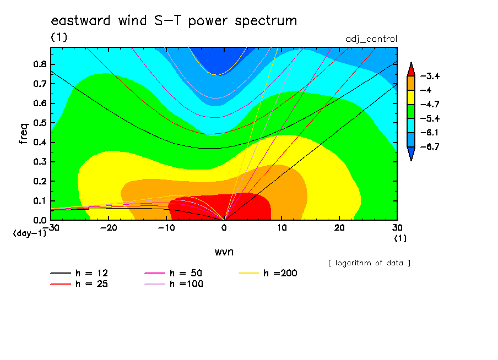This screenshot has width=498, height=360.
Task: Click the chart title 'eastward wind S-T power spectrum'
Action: [174, 20]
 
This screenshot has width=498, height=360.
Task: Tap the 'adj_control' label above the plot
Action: [371, 39]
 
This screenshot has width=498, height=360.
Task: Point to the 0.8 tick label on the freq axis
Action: [40, 64]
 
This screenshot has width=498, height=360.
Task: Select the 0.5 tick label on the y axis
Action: [40, 123]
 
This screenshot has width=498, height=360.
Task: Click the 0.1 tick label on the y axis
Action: [40, 201]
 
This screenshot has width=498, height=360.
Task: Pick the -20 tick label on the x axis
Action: [109, 228]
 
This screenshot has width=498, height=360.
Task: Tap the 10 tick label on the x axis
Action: [282, 228]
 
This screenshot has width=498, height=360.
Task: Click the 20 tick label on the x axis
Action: [339, 228]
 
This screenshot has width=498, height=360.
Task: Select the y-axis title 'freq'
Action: [24, 133]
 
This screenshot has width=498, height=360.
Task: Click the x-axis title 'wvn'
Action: [224, 252]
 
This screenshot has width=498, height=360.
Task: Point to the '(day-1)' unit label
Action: [29, 233]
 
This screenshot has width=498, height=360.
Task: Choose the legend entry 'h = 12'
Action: [79, 273]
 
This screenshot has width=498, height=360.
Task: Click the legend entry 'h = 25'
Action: [79, 284]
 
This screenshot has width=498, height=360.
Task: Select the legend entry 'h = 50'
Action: [174, 273]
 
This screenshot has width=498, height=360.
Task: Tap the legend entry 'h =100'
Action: [174, 284]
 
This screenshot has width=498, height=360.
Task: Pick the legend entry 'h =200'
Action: [268, 273]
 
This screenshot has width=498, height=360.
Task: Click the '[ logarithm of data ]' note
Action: [370, 263]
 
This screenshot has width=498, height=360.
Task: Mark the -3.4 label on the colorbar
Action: [430, 76]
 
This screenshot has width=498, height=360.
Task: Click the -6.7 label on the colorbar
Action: [430, 146]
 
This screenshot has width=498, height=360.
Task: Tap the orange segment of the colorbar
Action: [411, 83]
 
